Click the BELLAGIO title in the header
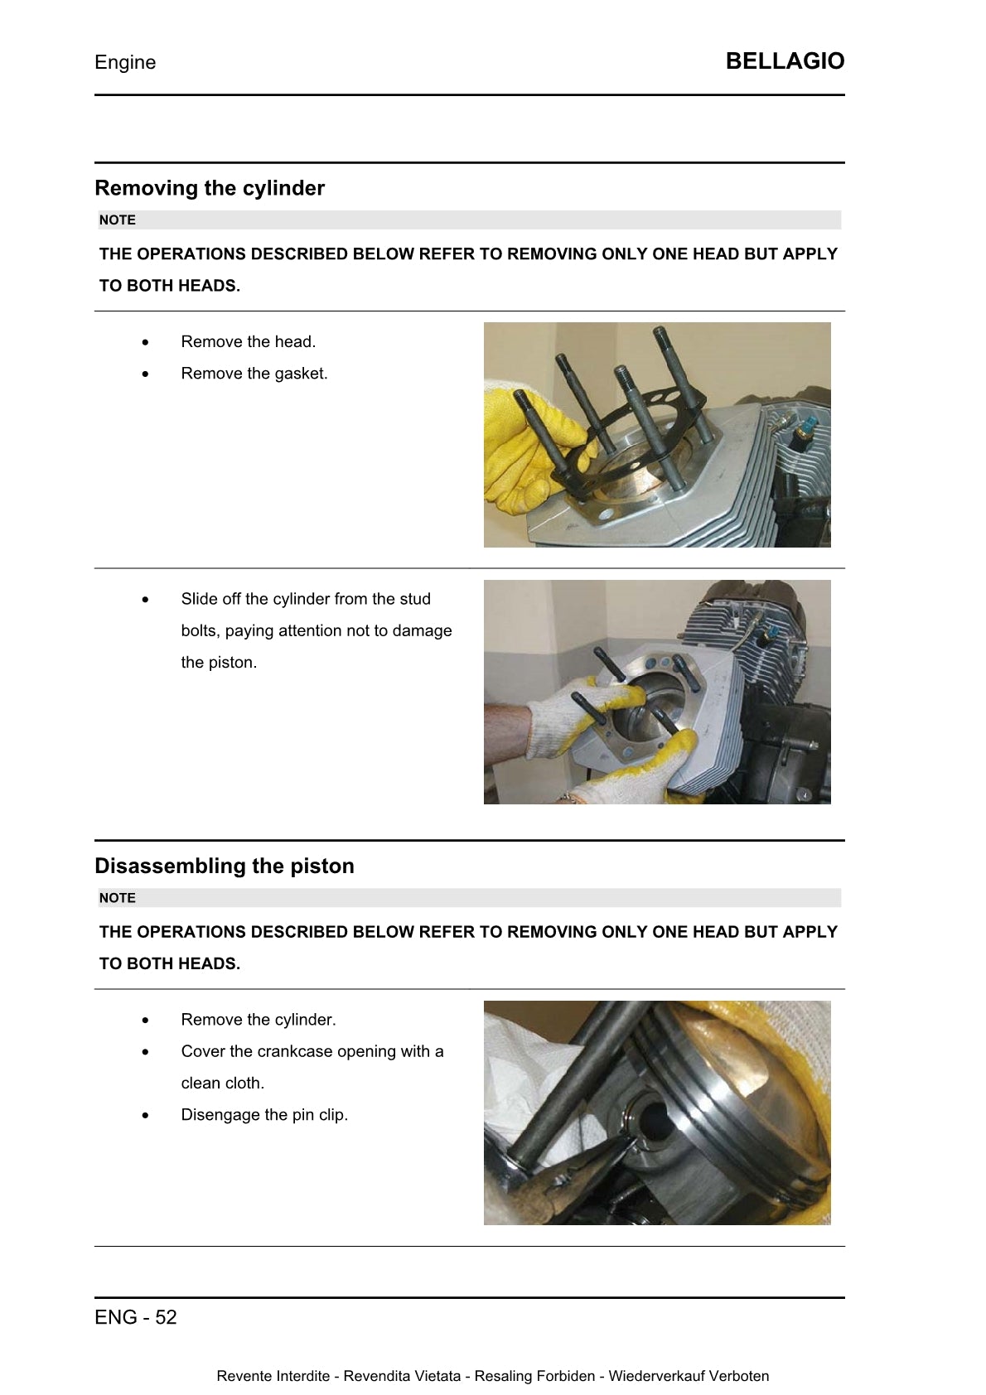tap(784, 61)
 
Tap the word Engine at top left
tap(125, 63)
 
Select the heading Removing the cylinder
tap(210, 188)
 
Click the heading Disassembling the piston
tap(225, 866)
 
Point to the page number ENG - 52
tap(136, 1317)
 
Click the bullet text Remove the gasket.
tap(254, 374)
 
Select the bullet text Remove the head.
tap(249, 342)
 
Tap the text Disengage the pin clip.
tap(264, 1115)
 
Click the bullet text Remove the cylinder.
tap(259, 1020)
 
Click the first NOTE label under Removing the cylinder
tap(117, 220)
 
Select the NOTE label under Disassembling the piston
tap(117, 898)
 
